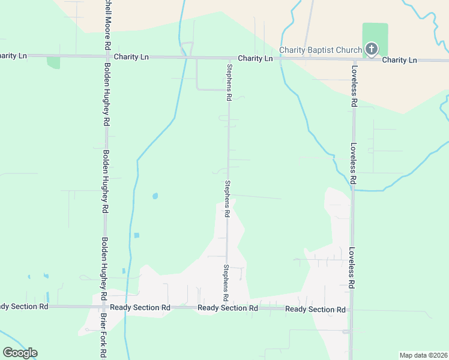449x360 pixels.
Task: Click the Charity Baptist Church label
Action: click(321, 50)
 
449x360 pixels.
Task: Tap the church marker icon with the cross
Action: click(372, 49)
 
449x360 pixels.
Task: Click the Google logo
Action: click(20, 353)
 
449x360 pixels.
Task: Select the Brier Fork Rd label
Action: click(103, 336)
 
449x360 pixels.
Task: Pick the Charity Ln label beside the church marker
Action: click(399, 60)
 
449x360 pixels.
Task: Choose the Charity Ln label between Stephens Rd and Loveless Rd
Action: click(255, 58)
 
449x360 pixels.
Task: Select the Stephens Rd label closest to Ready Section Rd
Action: click(226, 282)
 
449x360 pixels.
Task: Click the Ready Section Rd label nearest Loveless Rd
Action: click(315, 310)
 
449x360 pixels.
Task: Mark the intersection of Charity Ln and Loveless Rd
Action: click(354, 60)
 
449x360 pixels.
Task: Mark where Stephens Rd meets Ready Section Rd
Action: click(226, 308)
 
